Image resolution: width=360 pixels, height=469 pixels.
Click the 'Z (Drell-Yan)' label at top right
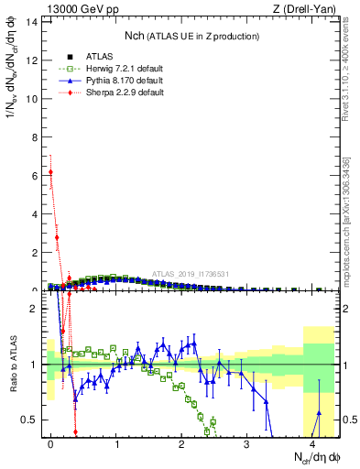pyautogui.click(x=307, y=10)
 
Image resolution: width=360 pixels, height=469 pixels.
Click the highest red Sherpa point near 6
pyautogui.click(x=51, y=171)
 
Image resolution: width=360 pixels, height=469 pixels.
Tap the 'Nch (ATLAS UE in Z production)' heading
pyautogui.click(x=192, y=36)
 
